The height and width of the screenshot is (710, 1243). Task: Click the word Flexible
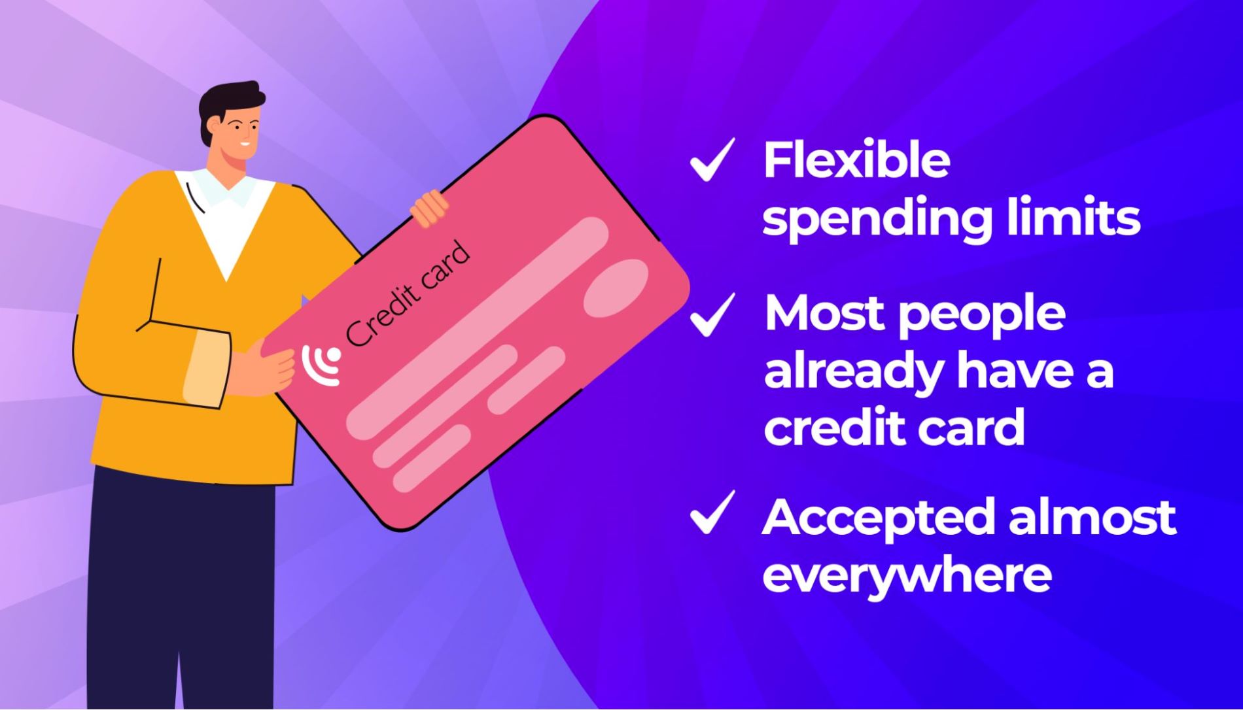pos(856,160)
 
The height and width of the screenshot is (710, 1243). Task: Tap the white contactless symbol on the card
pos(321,365)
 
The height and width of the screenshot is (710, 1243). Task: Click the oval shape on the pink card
pos(615,288)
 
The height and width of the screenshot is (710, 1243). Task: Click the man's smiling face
pos(239,134)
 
